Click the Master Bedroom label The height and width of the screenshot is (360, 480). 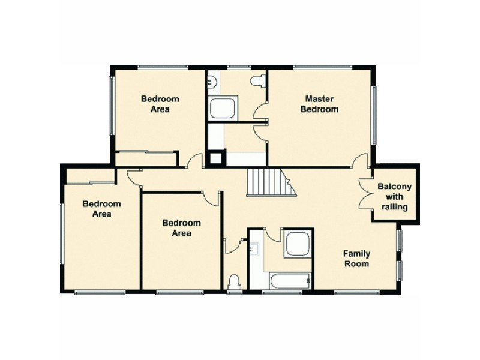click(319, 104)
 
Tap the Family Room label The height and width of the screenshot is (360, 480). click(356, 259)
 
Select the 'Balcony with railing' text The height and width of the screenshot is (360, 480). click(394, 197)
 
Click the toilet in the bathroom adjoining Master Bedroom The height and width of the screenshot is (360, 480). click(258, 81)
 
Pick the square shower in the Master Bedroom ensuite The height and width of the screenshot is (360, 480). click(223, 109)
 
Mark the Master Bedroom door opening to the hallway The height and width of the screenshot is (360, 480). click(360, 160)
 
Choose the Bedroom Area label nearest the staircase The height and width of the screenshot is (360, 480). click(181, 228)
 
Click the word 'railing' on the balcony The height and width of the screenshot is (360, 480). click(394, 208)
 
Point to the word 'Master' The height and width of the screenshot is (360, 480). click(319, 98)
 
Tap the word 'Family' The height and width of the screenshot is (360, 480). click(356, 253)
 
